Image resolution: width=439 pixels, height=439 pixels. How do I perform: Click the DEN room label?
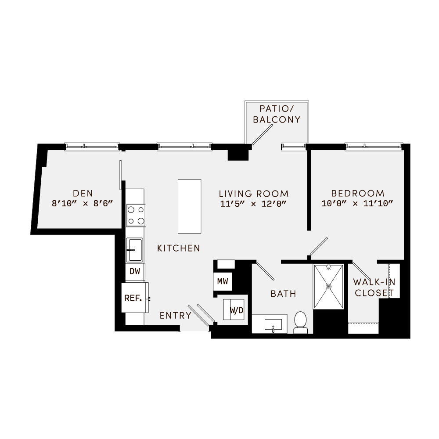click(82, 193)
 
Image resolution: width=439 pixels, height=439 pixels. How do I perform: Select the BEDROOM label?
click(358, 193)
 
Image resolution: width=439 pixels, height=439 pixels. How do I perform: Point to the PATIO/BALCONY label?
click(280, 114)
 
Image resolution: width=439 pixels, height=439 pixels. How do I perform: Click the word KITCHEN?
click(179, 248)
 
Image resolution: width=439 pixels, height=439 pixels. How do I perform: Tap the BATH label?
click(283, 294)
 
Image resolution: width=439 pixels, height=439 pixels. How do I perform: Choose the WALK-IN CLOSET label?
click(374, 288)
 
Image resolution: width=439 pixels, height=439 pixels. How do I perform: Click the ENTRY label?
click(175, 315)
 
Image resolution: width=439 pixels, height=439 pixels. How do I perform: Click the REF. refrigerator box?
click(133, 298)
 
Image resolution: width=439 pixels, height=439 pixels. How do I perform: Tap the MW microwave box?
click(223, 281)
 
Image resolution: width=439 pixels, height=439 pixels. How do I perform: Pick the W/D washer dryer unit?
click(236, 310)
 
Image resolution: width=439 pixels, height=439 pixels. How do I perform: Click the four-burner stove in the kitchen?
click(136, 216)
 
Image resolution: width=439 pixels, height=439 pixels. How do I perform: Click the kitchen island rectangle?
click(189, 206)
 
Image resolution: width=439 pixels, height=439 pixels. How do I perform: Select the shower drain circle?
click(328, 286)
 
